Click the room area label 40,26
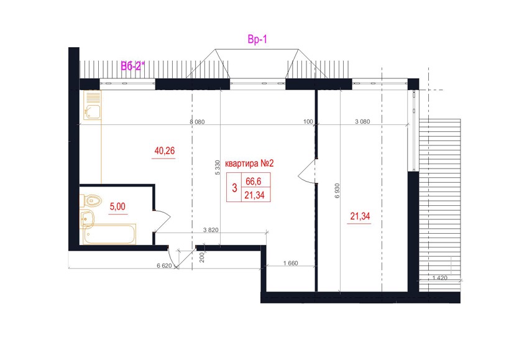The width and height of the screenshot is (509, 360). [165, 150]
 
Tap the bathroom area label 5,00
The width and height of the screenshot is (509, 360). [117, 206]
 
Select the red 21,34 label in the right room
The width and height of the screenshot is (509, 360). [360, 216]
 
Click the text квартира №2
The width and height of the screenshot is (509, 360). [249, 164]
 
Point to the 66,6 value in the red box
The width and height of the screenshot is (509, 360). [253, 181]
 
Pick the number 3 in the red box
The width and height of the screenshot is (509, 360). [234, 188]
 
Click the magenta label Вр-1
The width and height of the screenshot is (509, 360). [257, 40]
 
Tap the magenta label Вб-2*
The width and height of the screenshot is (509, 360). [132, 67]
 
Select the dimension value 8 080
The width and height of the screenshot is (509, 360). [198, 122]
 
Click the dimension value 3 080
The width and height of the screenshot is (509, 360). [362, 122]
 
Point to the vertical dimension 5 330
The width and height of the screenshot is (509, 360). [218, 168]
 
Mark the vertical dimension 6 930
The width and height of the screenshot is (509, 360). [337, 191]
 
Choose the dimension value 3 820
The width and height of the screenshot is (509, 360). [211, 230]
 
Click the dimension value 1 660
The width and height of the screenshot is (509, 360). [290, 263]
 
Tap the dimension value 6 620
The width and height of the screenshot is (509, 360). [164, 265]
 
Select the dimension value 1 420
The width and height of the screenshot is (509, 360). [440, 278]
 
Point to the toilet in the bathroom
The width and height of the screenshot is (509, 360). [91, 201]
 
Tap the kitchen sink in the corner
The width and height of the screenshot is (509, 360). [92, 105]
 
